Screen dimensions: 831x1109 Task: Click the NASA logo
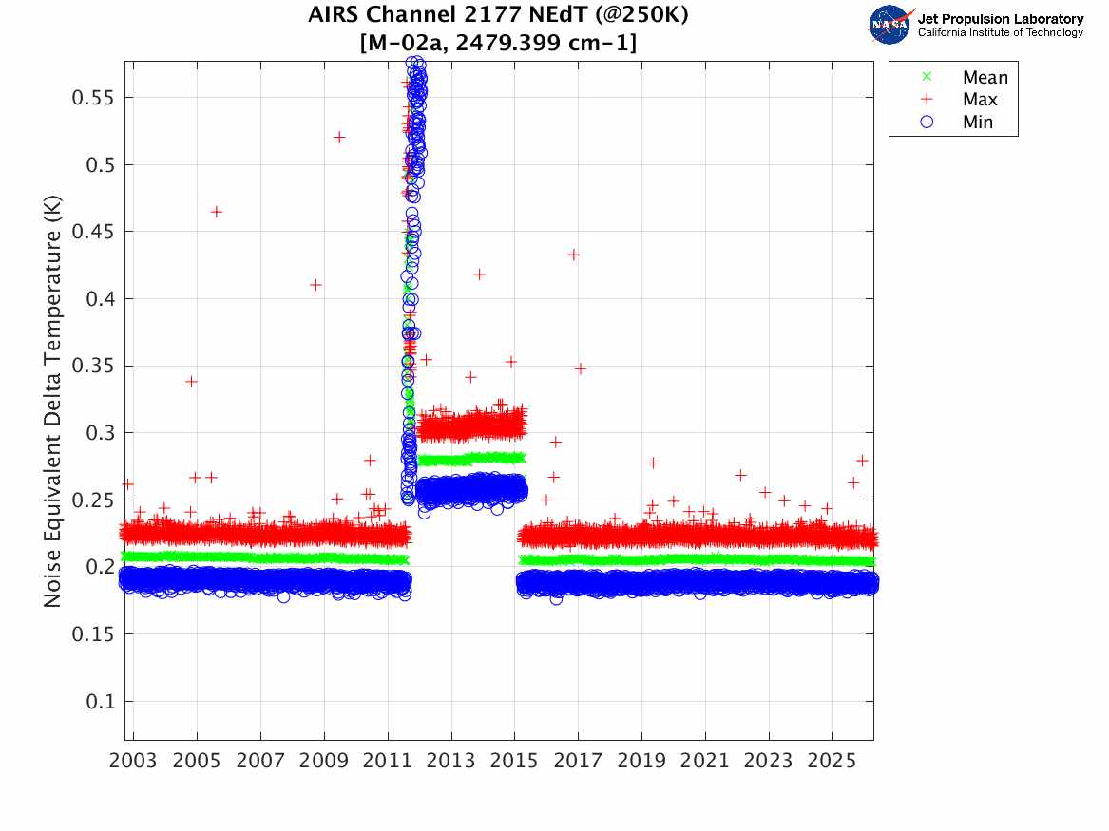[x=889, y=25]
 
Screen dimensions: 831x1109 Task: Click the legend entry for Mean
[x=985, y=78]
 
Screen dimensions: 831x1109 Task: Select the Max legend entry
[x=979, y=100]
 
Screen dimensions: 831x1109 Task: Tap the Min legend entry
[x=977, y=122]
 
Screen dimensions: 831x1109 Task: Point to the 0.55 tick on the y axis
[x=94, y=98]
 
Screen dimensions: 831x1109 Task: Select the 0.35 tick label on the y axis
[x=94, y=366]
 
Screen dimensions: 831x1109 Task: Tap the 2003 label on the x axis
[x=133, y=763]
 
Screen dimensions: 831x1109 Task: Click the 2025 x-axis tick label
[x=832, y=763]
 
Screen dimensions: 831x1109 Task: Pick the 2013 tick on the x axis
[x=451, y=763]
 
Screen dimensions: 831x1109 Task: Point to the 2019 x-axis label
[x=641, y=763]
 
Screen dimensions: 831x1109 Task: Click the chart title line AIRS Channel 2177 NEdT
[x=498, y=16]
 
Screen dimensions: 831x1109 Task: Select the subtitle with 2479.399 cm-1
[x=498, y=44]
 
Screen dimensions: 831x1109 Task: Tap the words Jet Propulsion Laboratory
[x=1000, y=19]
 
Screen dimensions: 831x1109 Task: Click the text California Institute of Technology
[x=1000, y=32]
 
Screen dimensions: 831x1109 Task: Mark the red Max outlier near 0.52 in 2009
[x=339, y=137]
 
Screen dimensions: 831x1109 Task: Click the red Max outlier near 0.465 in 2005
[x=217, y=212]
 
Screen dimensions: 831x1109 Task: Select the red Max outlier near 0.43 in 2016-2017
[x=573, y=255]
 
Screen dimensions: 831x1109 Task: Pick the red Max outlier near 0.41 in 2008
[x=315, y=285]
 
